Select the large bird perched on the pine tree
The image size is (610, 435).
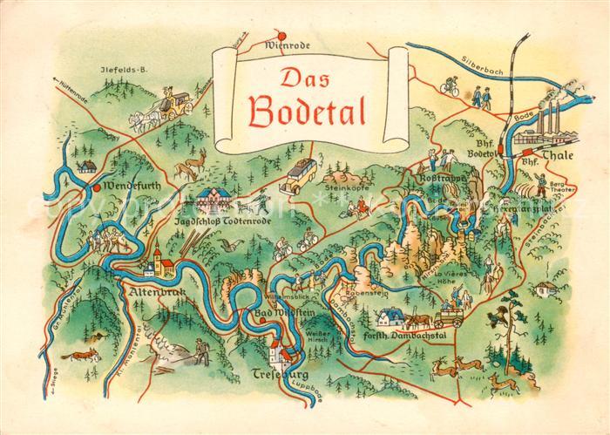click(500, 318)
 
